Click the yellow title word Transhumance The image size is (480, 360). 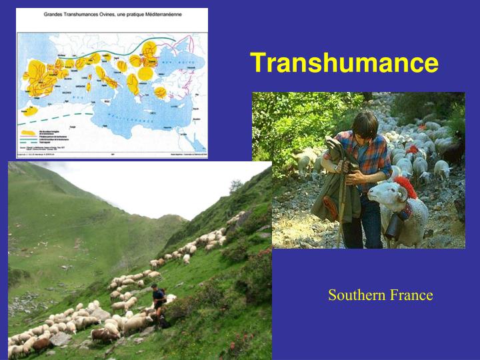(x=344, y=63)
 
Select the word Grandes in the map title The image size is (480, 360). (x=57, y=13)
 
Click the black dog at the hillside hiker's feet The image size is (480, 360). (x=162, y=321)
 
